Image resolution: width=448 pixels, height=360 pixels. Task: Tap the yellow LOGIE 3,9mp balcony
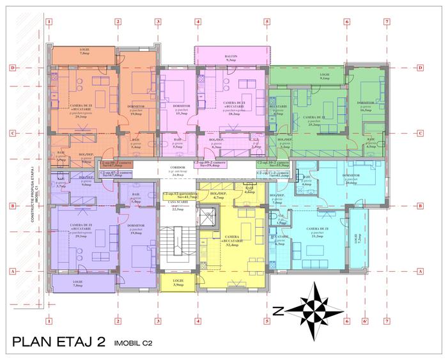click(178, 281)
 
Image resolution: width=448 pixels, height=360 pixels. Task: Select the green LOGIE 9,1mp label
click(325, 77)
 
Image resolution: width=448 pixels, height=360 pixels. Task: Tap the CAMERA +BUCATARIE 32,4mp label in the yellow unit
click(232, 242)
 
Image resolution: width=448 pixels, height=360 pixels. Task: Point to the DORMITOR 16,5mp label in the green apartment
click(366, 106)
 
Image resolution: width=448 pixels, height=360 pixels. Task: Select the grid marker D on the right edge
click(421, 67)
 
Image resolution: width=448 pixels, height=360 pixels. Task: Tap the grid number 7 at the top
click(387, 20)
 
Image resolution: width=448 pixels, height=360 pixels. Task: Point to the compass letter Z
click(277, 312)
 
